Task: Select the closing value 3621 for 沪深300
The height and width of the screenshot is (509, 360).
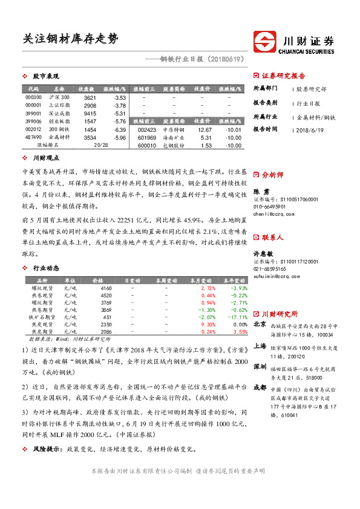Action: click(90, 97)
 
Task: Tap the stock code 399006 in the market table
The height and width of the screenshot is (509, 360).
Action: click(33, 122)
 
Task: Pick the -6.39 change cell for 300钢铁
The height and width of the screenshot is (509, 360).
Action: click(119, 129)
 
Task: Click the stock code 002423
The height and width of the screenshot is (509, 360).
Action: click(147, 129)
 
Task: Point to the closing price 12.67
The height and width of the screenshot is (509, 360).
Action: click(205, 129)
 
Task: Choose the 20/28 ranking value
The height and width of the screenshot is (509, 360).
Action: click(101, 145)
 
